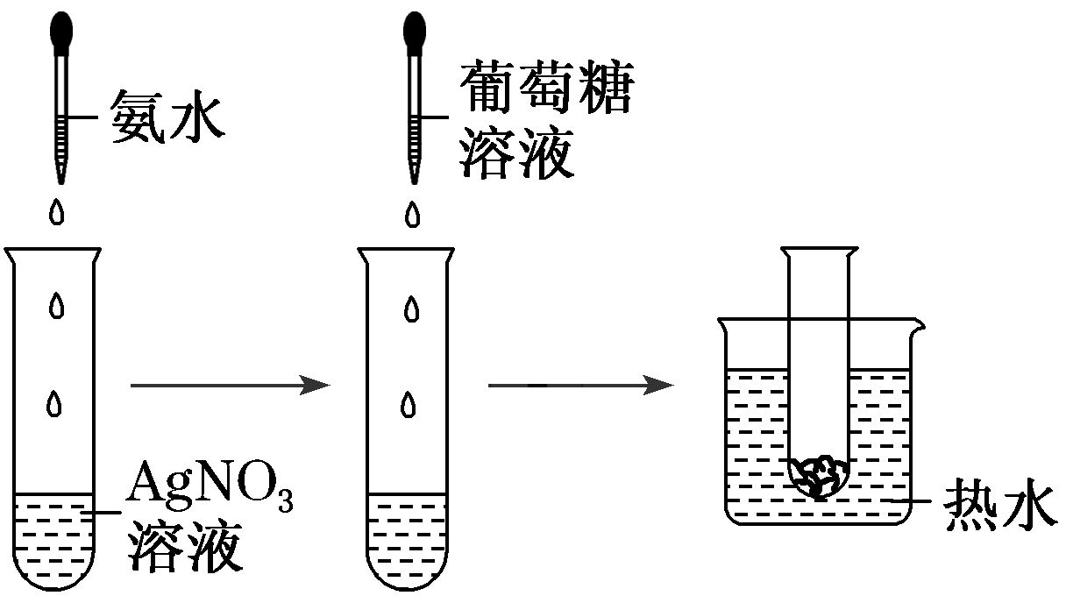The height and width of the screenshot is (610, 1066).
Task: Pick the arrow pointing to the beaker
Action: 579,384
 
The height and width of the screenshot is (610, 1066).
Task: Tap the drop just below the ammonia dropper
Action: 58,213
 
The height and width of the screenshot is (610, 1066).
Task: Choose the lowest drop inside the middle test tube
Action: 409,402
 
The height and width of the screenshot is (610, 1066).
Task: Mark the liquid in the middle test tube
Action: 408,539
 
